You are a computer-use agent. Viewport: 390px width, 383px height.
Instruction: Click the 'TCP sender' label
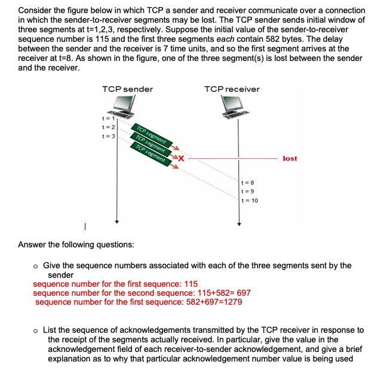[127, 89]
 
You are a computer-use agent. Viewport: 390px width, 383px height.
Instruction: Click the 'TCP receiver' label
[232, 89]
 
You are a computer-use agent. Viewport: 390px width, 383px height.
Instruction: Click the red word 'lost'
[290, 158]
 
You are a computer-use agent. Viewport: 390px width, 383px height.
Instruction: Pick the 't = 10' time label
[249, 201]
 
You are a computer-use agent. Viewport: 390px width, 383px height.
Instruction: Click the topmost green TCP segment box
[153, 136]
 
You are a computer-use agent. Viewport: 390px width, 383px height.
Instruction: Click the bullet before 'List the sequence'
[36, 330]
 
